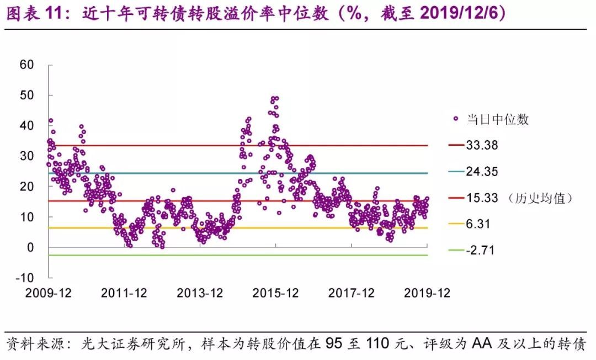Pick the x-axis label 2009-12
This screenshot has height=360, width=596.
click(48, 293)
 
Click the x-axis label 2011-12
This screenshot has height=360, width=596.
click(124, 293)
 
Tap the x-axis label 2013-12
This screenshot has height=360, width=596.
click(200, 293)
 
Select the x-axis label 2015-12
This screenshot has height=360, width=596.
click(276, 293)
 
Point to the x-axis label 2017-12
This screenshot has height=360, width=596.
click(352, 293)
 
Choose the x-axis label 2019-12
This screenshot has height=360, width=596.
click(427, 293)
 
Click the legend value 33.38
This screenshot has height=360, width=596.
click(482, 146)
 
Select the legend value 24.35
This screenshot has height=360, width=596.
click(482, 172)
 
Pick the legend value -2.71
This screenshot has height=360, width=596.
click(480, 251)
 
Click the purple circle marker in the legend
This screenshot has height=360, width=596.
click(456, 119)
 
